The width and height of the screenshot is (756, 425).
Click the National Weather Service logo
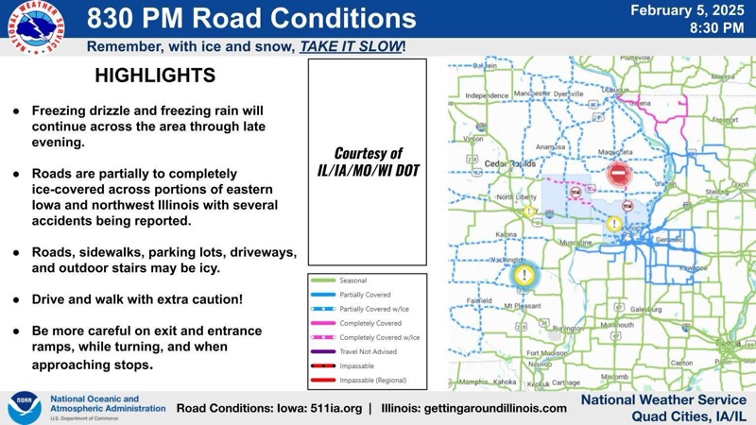(34, 27)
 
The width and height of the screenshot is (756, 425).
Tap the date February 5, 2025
(695, 10)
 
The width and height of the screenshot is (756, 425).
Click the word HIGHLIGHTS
(155, 76)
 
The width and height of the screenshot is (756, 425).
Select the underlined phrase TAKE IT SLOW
(351, 46)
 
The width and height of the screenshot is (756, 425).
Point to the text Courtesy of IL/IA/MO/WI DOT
(368, 161)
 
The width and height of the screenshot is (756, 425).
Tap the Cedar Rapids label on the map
(509, 163)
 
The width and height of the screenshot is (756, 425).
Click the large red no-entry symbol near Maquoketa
(617, 175)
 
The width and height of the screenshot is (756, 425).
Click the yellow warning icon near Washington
(524, 275)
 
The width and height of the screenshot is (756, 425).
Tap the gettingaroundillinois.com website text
(492, 408)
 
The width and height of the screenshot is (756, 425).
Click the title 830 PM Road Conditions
(250, 19)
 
